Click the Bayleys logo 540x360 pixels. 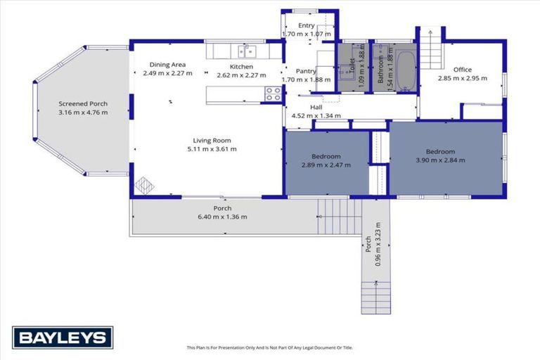point(63,337)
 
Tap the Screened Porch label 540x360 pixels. point(83,103)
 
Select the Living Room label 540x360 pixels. point(212,141)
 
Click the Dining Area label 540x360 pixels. point(167,65)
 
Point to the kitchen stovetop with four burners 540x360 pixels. point(273,94)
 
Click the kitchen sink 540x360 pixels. point(247,51)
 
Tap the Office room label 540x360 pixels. point(463,70)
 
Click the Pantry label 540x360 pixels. point(306,71)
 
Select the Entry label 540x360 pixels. point(306,25)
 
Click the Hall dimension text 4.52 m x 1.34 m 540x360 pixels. point(316,116)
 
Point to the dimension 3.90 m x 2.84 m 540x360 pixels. point(440,160)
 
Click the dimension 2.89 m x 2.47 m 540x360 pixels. point(326,165)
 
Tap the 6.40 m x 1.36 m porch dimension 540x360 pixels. point(222,217)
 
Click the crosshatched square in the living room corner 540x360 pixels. point(144,185)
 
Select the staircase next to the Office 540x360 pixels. point(430,49)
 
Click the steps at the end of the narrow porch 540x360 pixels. point(376,298)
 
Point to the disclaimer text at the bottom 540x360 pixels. point(270,347)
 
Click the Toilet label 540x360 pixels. point(352,65)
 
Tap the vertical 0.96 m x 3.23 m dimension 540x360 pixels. point(378,244)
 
